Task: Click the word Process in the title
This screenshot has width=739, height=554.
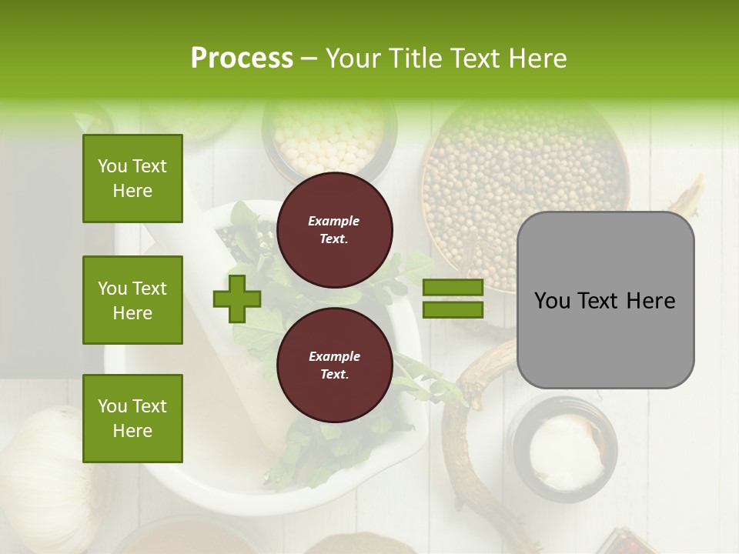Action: pyautogui.click(x=242, y=58)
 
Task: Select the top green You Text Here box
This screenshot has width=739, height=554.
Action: pyautogui.click(x=132, y=179)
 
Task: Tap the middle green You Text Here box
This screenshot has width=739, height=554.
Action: pyautogui.click(x=132, y=300)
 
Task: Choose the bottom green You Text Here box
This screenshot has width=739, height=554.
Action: pyautogui.click(x=132, y=419)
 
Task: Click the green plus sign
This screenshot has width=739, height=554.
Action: pyautogui.click(x=237, y=299)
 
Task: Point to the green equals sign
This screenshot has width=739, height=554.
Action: pyautogui.click(x=453, y=299)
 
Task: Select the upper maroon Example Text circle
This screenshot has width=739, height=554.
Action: pyautogui.click(x=334, y=230)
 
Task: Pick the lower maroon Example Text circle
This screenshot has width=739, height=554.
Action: pyautogui.click(x=334, y=365)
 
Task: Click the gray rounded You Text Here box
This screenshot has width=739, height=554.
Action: pyautogui.click(x=605, y=300)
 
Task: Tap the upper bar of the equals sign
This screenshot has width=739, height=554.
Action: pyautogui.click(x=453, y=288)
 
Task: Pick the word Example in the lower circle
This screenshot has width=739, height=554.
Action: pyautogui.click(x=334, y=356)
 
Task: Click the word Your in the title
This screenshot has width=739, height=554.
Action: pyautogui.click(x=351, y=58)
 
